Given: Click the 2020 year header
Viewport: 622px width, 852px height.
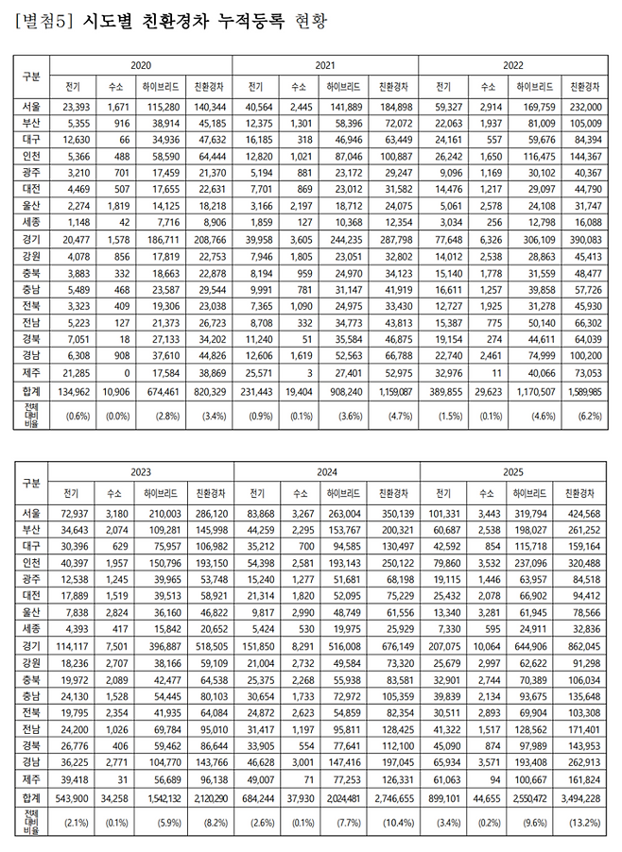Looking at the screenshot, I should point(140,65).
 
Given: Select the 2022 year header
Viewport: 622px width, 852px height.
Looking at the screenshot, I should point(512,65).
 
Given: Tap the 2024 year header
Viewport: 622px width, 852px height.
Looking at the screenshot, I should point(326,469).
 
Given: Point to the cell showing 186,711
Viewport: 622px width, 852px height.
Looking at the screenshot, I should point(163,241).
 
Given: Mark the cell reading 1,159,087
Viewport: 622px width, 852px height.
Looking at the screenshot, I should point(393,389).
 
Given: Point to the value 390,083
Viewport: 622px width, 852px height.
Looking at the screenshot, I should point(581,241).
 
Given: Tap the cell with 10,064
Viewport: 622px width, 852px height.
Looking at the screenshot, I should point(488,647).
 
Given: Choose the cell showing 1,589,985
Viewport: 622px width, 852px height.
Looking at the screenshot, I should point(581,389).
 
